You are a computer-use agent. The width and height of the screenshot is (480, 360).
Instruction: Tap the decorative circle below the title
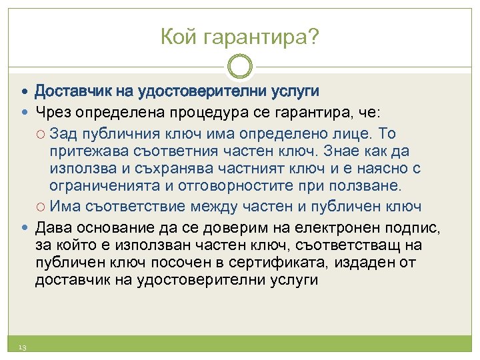[x=240, y=67]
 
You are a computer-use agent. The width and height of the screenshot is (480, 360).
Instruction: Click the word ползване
[x=362, y=185]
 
